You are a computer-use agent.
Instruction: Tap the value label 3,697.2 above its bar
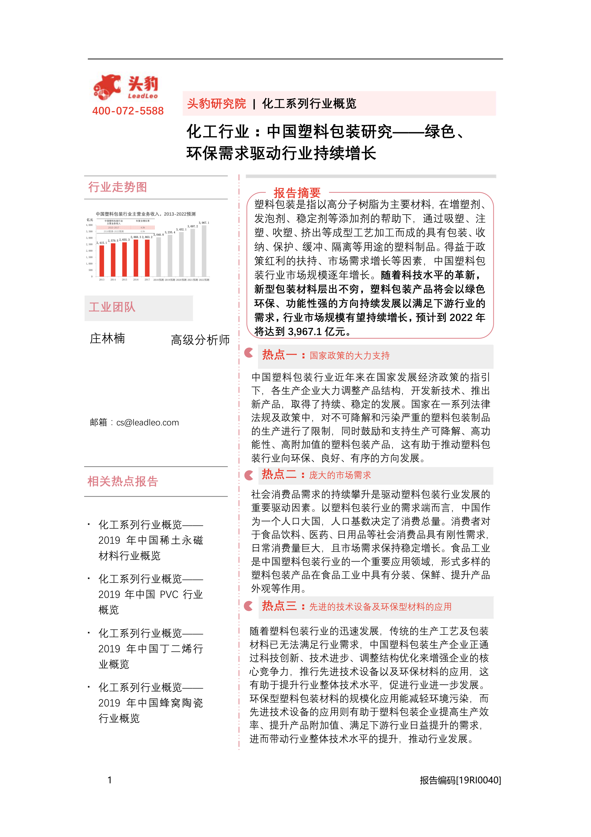pos(193,226)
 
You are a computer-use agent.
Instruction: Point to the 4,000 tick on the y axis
pos(89,225)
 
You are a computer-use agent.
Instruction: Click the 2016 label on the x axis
pos(136,280)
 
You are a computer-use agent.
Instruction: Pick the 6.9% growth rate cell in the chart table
pos(143,231)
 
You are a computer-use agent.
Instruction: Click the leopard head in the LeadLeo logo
pos(107,87)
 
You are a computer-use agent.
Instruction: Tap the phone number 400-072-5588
pos(128,111)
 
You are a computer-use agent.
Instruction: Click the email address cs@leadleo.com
pos(147,422)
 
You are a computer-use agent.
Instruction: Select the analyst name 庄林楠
pos(107,339)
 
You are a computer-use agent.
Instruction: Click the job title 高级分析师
pos(200,340)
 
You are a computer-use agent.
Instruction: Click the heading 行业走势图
pos(118,187)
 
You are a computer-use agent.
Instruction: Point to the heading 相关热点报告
pos(123,482)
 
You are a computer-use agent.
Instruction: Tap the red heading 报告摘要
pos(297,192)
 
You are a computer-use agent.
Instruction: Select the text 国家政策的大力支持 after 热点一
pos(350,355)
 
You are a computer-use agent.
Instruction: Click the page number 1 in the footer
pos(110,780)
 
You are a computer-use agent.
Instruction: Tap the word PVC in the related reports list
pos(169,595)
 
